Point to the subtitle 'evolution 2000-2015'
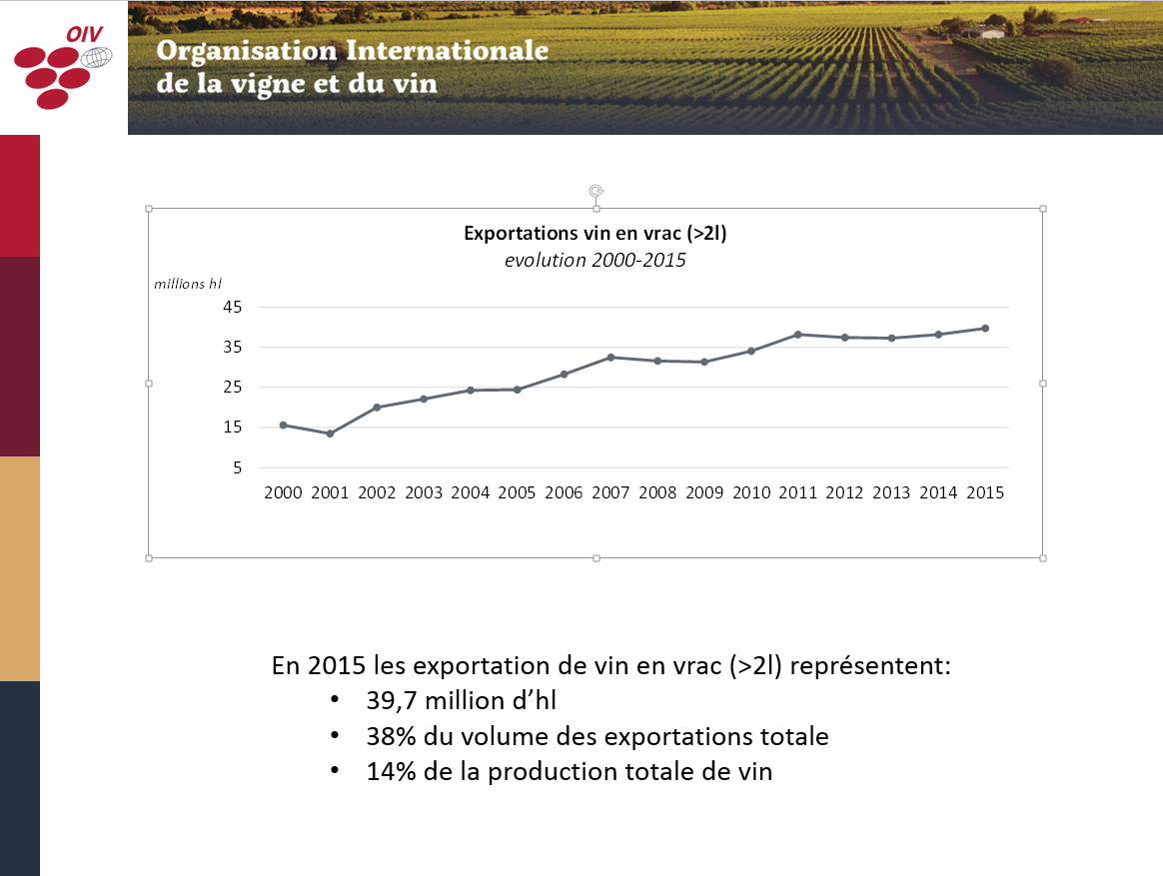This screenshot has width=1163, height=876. tap(595, 261)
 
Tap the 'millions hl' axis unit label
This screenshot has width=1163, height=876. tap(188, 284)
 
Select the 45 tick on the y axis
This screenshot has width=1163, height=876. tap(232, 308)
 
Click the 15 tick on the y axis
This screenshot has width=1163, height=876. tap(232, 428)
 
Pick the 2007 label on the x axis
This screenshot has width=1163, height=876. tap(611, 492)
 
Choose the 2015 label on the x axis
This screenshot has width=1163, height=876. tap(985, 492)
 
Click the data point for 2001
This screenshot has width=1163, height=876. tap(330, 434)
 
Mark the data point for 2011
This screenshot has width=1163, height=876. tap(797, 335)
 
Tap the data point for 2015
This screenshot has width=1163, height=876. tap(985, 329)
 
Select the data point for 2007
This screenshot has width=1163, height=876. tap(610, 357)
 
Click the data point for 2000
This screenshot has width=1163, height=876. tap(283, 425)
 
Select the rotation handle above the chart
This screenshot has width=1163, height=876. tap(596, 190)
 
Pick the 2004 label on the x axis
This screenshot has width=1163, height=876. tap(471, 492)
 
